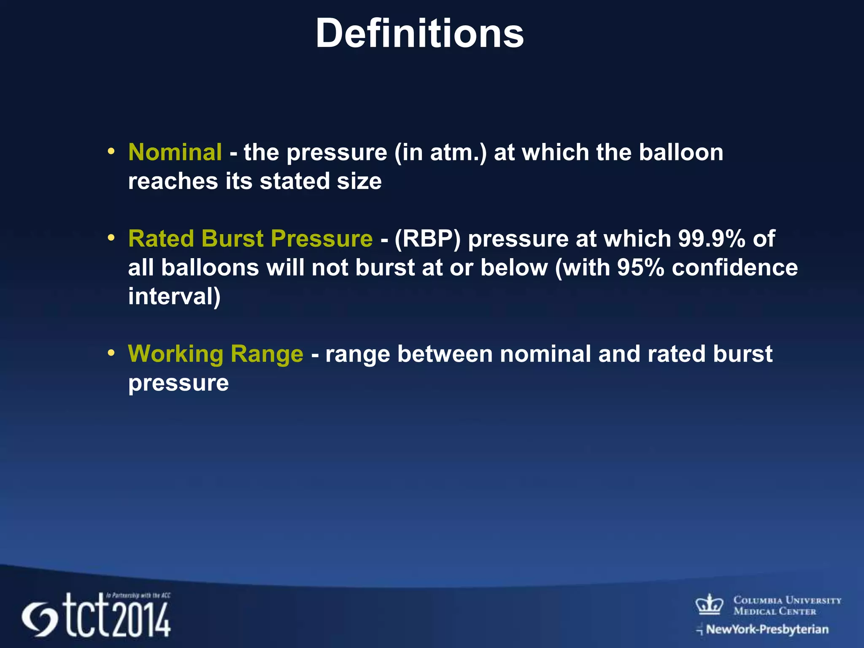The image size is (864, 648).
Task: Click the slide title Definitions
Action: pyautogui.click(x=419, y=34)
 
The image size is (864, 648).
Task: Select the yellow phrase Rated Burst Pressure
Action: pyautogui.click(x=250, y=238)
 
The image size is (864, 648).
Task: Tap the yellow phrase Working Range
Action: pyautogui.click(x=216, y=354)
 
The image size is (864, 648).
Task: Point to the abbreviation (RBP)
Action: pyautogui.click(x=427, y=239)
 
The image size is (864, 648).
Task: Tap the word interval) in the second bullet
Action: pyautogui.click(x=174, y=296)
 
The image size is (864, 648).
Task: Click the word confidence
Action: pyautogui.click(x=734, y=267)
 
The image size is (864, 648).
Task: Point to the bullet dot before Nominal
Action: pyautogui.click(x=111, y=151)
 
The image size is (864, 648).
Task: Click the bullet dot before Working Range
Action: pyautogui.click(x=111, y=353)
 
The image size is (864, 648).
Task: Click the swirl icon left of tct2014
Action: pyautogui.click(x=39, y=620)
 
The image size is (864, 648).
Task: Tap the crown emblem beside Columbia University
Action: pyautogui.click(x=709, y=605)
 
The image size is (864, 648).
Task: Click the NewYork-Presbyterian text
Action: pyautogui.click(x=767, y=629)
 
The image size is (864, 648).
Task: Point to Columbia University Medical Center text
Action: pyautogui.click(x=787, y=605)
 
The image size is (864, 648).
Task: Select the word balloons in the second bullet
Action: pyautogui.click(x=210, y=267)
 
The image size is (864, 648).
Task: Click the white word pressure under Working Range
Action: pyautogui.click(x=178, y=383)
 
